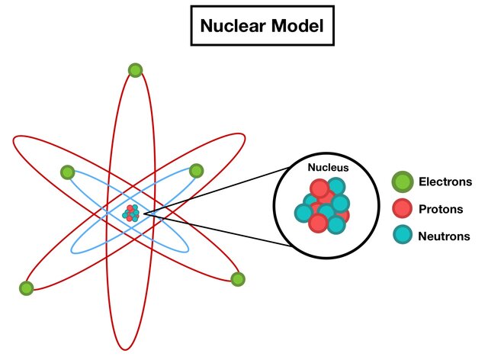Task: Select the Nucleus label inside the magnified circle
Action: click(x=328, y=167)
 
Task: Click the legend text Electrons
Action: click(x=445, y=182)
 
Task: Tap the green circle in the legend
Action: click(x=402, y=182)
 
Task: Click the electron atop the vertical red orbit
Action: click(x=135, y=70)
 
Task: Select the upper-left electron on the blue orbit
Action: click(x=67, y=172)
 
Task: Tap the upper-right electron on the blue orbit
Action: click(x=197, y=171)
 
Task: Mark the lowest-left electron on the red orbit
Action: click(x=26, y=288)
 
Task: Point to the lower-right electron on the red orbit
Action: click(x=237, y=279)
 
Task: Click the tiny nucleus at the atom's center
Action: click(x=133, y=213)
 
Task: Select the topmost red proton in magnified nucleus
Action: click(x=319, y=189)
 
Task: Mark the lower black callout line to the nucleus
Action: click(x=213, y=232)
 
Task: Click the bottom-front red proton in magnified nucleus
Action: click(x=318, y=224)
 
